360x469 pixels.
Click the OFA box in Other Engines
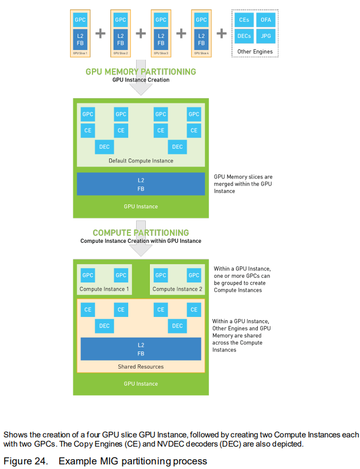click(x=266, y=20)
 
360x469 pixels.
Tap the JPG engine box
click(x=266, y=36)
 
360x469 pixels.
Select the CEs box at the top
click(x=244, y=20)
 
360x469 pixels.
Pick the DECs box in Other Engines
click(x=244, y=36)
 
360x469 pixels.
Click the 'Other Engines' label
click(x=255, y=52)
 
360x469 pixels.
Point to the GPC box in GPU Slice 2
click(x=121, y=20)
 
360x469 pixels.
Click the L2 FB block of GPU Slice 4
click(x=201, y=39)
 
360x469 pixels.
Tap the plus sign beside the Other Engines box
click(x=222, y=33)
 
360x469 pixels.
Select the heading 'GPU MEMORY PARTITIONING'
click(x=141, y=72)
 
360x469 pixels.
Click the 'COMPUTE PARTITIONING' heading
click(x=141, y=233)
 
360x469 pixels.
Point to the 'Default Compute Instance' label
click(x=141, y=161)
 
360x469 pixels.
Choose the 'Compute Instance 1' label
click(x=104, y=289)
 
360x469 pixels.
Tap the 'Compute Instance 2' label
click(x=177, y=289)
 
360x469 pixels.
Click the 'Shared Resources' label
click(x=141, y=367)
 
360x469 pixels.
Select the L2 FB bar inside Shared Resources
click(x=141, y=348)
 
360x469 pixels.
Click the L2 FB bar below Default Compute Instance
click(x=141, y=184)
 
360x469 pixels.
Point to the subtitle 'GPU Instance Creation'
click(x=141, y=80)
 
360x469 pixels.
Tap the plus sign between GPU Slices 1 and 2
click(x=100, y=33)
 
